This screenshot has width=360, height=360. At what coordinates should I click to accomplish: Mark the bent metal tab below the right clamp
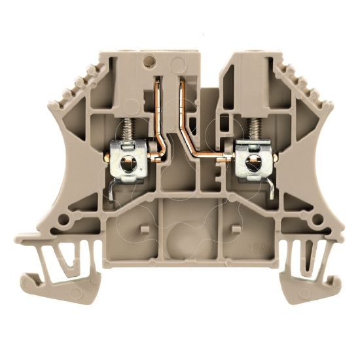tap(268, 188)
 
